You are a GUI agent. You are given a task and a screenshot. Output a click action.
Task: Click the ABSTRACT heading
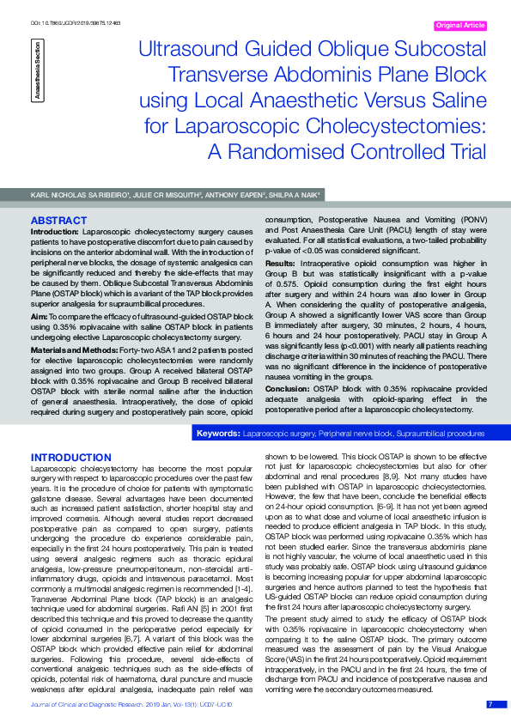click(x=58, y=221)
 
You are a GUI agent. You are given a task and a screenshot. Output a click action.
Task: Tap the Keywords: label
click(x=217, y=434)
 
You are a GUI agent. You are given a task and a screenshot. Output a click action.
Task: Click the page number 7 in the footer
click(x=490, y=704)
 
